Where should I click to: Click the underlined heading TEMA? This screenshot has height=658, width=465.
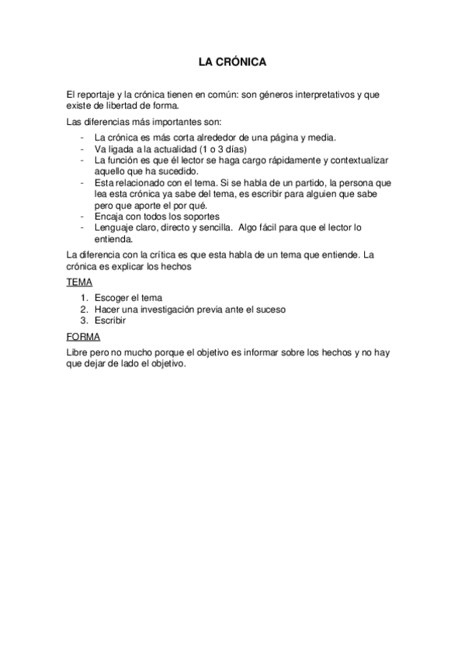pos(78,282)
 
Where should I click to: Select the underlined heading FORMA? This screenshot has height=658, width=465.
pos(82,338)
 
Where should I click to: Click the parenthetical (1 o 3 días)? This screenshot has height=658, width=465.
pos(231,149)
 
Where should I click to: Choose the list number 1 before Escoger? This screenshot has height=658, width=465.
pos(84,298)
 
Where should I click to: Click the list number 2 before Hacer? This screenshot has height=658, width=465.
pos(84,309)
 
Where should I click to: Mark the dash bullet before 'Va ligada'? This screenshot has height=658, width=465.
pos(82,149)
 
